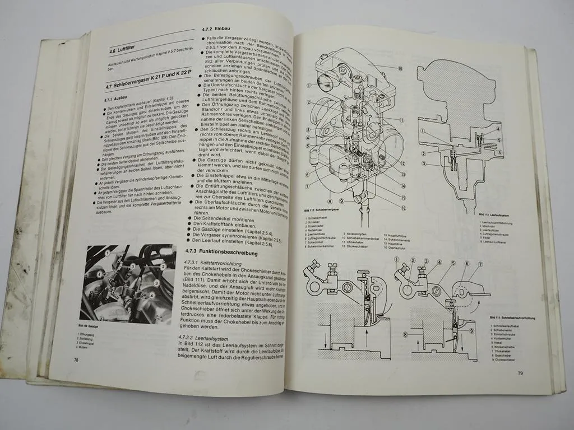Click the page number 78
click(x=76, y=360)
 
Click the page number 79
click(x=520, y=373)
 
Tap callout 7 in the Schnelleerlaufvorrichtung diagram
click(x=480, y=263)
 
